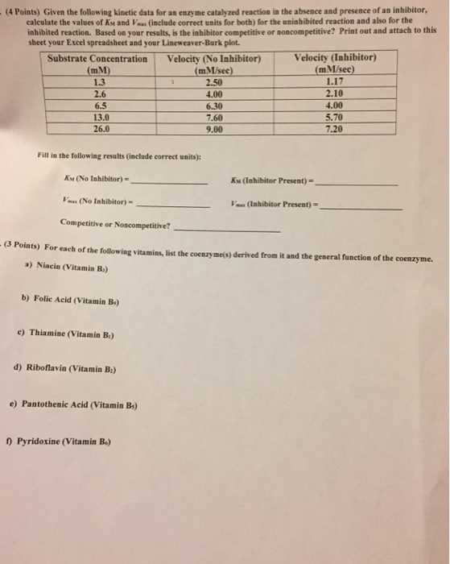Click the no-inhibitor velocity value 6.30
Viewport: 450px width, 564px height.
[x=213, y=105]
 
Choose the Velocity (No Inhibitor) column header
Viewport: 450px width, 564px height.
[x=213, y=60]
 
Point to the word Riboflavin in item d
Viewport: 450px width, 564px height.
[x=55, y=369]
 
